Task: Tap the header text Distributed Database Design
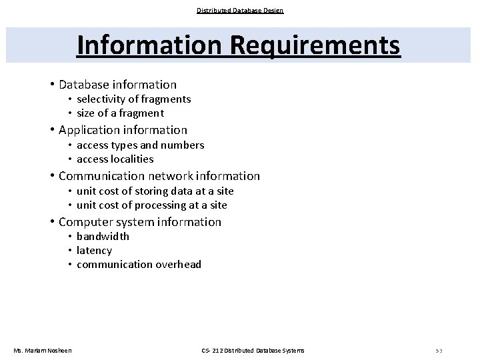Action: tap(240, 10)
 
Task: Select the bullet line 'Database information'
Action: tap(117, 85)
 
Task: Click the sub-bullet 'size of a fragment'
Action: tap(120, 113)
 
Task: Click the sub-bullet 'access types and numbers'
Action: tap(140, 145)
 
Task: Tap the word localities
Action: tap(132, 159)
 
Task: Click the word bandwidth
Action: tap(103, 237)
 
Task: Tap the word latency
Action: tap(94, 251)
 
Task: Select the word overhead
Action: tap(178, 265)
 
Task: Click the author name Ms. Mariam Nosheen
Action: tap(43, 351)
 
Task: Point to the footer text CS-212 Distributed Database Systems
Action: tap(253, 351)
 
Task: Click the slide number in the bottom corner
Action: tap(439, 351)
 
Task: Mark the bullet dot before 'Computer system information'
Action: tap(51, 222)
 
